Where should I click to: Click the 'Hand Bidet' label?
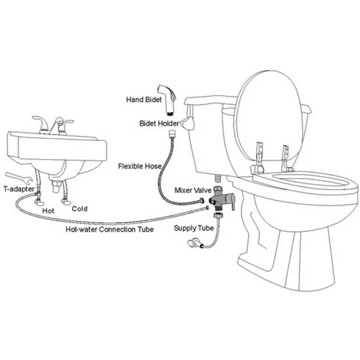pos(144,100)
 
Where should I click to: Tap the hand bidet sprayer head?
pos(167,100)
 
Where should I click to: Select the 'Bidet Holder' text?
pos(159,123)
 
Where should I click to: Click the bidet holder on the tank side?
pos(188,123)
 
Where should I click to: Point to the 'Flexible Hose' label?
pos(140,166)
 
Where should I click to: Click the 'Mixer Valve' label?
pos(193,190)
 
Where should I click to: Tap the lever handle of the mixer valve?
pos(231,200)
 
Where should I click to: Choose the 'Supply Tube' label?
pos(194,228)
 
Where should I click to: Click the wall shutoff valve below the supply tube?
pos(194,243)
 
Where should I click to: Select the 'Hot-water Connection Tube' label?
pos(110,229)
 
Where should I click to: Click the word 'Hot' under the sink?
pos(48,211)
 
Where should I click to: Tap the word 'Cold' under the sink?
pos(79,209)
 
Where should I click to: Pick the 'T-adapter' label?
pos(19,189)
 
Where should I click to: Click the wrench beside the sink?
pos(19,178)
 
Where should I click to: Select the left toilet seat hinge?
pos(258,158)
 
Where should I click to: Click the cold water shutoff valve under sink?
pos(66,202)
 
